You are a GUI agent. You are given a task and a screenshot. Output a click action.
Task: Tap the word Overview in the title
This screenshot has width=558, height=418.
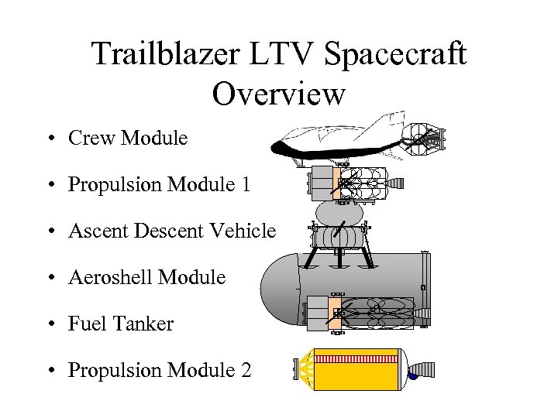[278, 94]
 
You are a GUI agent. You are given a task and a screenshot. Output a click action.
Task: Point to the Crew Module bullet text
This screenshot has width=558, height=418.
[127, 139]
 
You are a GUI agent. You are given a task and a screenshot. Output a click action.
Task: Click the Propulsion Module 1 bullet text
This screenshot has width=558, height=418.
[160, 185]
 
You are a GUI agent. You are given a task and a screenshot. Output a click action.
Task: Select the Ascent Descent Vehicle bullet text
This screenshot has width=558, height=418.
[171, 231]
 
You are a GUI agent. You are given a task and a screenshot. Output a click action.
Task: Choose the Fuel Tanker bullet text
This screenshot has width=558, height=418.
[121, 324]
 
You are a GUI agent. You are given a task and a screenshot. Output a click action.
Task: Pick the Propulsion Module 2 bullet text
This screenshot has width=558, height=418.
[160, 371]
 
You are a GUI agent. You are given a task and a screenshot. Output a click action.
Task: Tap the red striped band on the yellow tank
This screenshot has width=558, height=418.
[353, 360]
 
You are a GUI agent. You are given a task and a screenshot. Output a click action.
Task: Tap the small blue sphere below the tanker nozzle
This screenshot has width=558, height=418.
[412, 378]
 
